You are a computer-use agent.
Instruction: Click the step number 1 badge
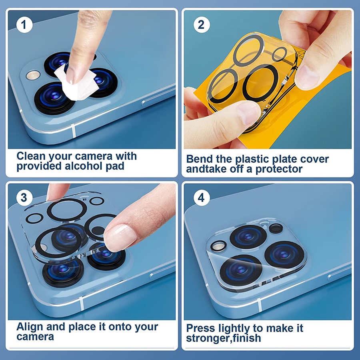(24, 24)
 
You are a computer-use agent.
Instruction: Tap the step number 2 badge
(202, 24)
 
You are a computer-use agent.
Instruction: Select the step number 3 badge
(24, 198)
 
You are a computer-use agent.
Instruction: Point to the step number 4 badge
(202, 198)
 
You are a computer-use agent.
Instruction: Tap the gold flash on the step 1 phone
(33, 75)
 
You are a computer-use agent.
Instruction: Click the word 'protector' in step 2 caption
(279, 170)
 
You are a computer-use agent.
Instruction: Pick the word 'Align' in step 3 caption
(30, 327)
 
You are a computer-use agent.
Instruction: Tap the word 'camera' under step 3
(35, 337)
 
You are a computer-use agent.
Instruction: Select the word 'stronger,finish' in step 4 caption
(223, 338)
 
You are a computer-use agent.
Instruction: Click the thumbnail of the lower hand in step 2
(248, 112)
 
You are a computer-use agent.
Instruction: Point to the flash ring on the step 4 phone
(218, 246)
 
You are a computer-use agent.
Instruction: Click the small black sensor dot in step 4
(276, 229)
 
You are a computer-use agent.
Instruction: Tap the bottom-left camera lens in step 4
(241, 270)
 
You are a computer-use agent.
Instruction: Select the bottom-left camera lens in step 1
(54, 98)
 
